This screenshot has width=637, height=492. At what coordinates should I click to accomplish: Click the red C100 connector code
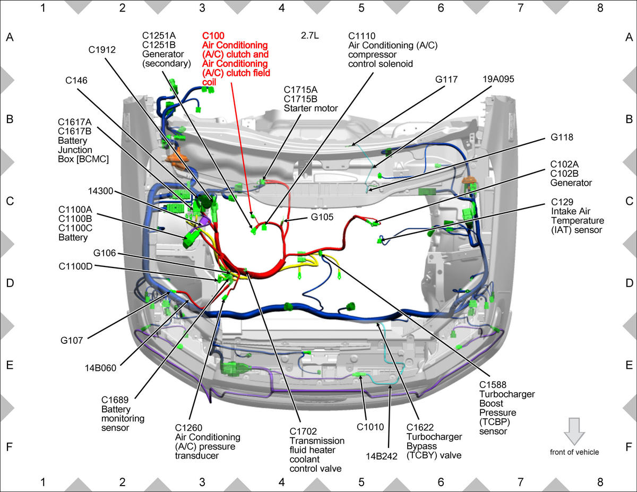pyautogui.click(x=213, y=36)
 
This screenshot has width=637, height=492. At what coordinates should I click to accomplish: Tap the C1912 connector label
pyautogui.click(x=102, y=50)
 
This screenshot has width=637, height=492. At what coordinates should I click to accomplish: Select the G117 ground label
pyautogui.click(x=446, y=80)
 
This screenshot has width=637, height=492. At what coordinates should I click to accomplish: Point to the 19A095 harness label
pyautogui.click(x=498, y=79)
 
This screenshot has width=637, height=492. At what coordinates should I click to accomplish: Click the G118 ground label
pyautogui.click(x=562, y=137)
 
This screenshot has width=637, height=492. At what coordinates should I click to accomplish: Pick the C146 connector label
pyautogui.click(x=76, y=80)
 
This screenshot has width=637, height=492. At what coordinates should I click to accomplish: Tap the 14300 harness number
pyautogui.click(x=100, y=191)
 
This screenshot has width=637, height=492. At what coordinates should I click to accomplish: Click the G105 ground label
pyautogui.click(x=322, y=217)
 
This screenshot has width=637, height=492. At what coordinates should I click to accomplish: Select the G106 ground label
pyautogui.click(x=105, y=253)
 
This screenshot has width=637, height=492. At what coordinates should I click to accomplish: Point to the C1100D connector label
pyautogui.click(x=75, y=266)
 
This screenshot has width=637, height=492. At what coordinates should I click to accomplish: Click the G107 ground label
pyautogui.click(x=72, y=341)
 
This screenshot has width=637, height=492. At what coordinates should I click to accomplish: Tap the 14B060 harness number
pyautogui.click(x=100, y=368)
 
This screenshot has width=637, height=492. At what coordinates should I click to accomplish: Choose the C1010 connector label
pyautogui.click(x=370, y=427)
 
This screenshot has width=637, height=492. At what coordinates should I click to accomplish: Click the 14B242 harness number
pyautogui.click(x=381, y=456)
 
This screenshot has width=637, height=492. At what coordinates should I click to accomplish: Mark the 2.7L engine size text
pyautogui.click(x=309, y=36)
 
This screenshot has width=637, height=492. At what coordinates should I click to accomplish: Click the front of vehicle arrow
pyautogui.click(x=574, y=431)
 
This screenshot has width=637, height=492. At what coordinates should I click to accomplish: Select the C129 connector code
pyautogui.click(x=562, y=202)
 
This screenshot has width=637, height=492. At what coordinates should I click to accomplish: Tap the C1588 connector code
pyautogui.click(x=493, y=385)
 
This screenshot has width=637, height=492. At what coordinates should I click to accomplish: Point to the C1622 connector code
pyautogui.click(x=420, y=428)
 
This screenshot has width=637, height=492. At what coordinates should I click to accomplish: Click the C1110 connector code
pyautogui.click(x=361, y=36)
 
